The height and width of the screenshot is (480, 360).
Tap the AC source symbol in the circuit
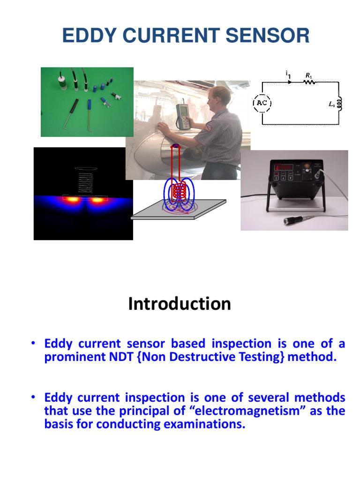coord(262,103)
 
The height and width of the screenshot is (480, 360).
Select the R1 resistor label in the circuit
coord(309,75)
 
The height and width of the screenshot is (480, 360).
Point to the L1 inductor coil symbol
coord(339,103)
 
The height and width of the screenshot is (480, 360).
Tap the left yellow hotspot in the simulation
coord(73,200)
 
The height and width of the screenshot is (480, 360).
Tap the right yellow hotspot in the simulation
coord(97,200)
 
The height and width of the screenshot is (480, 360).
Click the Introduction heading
coord(180,304)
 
